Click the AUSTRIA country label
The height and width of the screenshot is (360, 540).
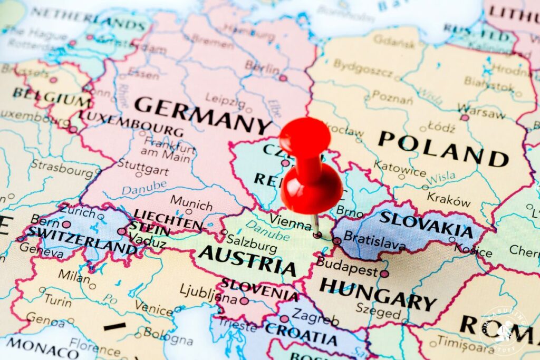[x=247, y=260]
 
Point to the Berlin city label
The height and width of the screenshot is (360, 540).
[x=262, y=68]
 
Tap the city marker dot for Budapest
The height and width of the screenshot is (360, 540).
[x=384, y=274]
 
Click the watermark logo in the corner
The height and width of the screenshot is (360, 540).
[x=504, y=331]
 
